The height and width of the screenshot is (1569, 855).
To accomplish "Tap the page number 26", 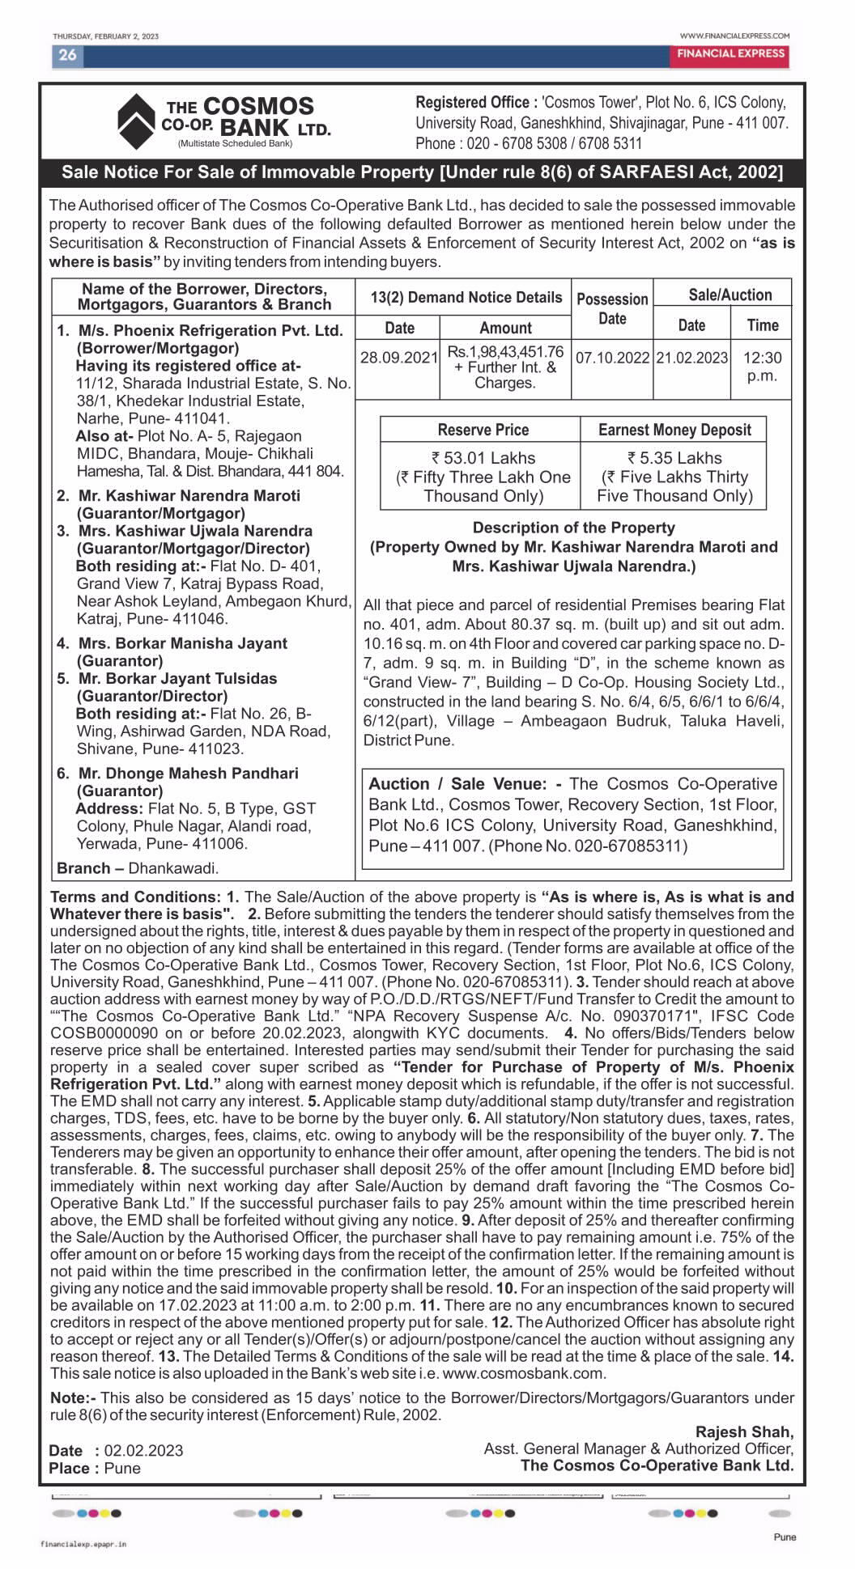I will [x=67, y=55].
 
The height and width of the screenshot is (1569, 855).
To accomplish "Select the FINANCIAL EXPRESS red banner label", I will [x=730, y=53].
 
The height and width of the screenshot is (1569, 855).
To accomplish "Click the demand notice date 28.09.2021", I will [x=398, y=358].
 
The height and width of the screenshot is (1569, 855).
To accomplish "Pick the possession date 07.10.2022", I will [x=612, y=358].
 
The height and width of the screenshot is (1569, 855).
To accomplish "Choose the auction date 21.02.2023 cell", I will [x=691, y=358].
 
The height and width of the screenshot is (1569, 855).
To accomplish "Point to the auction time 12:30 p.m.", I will [x=762, y=366].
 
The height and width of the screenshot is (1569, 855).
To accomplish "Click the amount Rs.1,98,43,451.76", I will [x=505, y=352].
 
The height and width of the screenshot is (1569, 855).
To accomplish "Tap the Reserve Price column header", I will [x=483, y=430].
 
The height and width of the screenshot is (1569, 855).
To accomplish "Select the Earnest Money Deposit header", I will [x=674, y=430].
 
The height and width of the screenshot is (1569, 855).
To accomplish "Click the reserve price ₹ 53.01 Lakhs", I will [x=483, y=458].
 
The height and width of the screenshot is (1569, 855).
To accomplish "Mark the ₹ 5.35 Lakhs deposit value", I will [x=674, y=458].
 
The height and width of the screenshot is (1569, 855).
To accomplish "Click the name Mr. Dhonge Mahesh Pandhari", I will [x=188, y=774].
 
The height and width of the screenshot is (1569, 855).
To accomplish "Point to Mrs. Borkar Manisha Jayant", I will [x=182, y=643].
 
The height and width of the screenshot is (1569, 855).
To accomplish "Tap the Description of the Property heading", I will [x=573, y=528].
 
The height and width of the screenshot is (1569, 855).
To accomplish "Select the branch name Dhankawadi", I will [x=173, y=868].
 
